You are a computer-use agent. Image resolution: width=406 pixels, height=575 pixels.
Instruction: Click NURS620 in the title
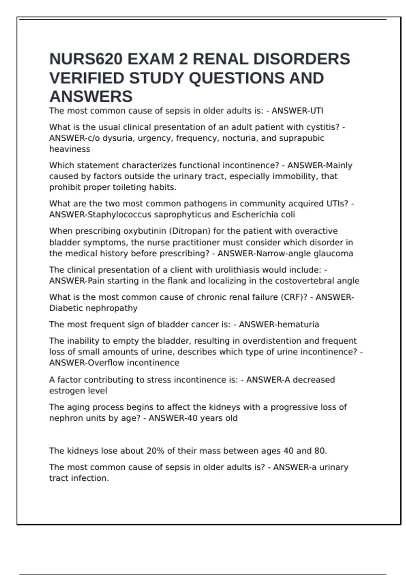tap(86, 59)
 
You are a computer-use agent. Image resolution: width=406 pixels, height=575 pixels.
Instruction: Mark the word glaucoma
tap(333, 253)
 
